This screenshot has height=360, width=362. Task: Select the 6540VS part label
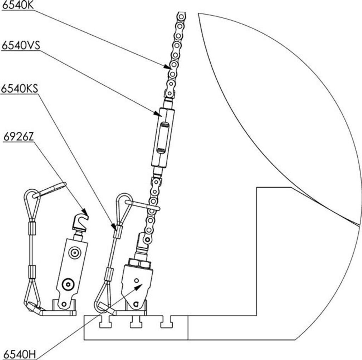(x=21, y=46)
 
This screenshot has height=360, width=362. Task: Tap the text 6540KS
(x=19, y=88)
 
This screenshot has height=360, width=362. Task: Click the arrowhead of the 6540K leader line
(x=168, y=66)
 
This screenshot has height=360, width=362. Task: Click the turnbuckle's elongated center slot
(x=163, y=137)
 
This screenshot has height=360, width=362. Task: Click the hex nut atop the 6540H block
(x=139, y=263)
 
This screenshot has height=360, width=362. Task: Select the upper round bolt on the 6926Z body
(x=75, y=253)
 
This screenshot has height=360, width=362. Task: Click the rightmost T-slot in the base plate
(x=166, y=322)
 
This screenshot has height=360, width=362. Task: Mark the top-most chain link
(x=181, y=17)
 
